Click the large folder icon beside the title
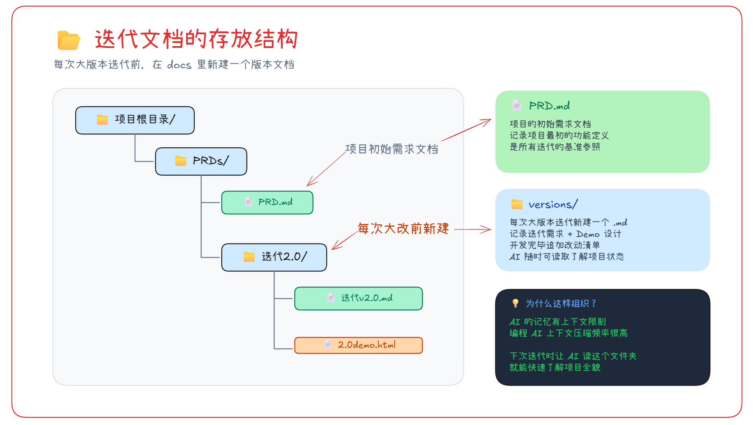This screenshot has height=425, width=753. pos(69,40)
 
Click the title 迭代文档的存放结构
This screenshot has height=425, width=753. pos(196,39)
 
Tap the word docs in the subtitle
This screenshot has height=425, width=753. pos(179,65)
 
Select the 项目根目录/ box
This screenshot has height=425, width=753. pos(135,120)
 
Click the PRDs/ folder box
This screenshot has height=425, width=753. pos(201,161)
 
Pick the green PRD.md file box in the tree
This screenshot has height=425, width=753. pos(267,203)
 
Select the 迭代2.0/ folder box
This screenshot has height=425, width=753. pos(274,257)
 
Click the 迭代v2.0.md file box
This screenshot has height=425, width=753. pos(358,299)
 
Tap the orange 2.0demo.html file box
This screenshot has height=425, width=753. pos(358,345)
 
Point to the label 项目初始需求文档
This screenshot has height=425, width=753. pos(392,149)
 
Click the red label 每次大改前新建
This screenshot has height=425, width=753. pos(403,228)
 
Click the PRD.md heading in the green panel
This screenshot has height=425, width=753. pos(549,106)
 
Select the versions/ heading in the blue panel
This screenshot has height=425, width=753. pos(553,205)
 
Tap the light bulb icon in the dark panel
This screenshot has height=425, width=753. pos(515,303)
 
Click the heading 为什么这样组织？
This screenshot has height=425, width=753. pos(561,304)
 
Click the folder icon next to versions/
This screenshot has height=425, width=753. pos(517,205)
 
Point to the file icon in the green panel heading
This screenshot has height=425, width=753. pos(516,105)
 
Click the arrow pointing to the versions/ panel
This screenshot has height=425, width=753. pos(473,230)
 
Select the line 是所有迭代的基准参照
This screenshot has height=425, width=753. pos(555,147)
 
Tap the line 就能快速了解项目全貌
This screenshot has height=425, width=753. pos(555,367)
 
